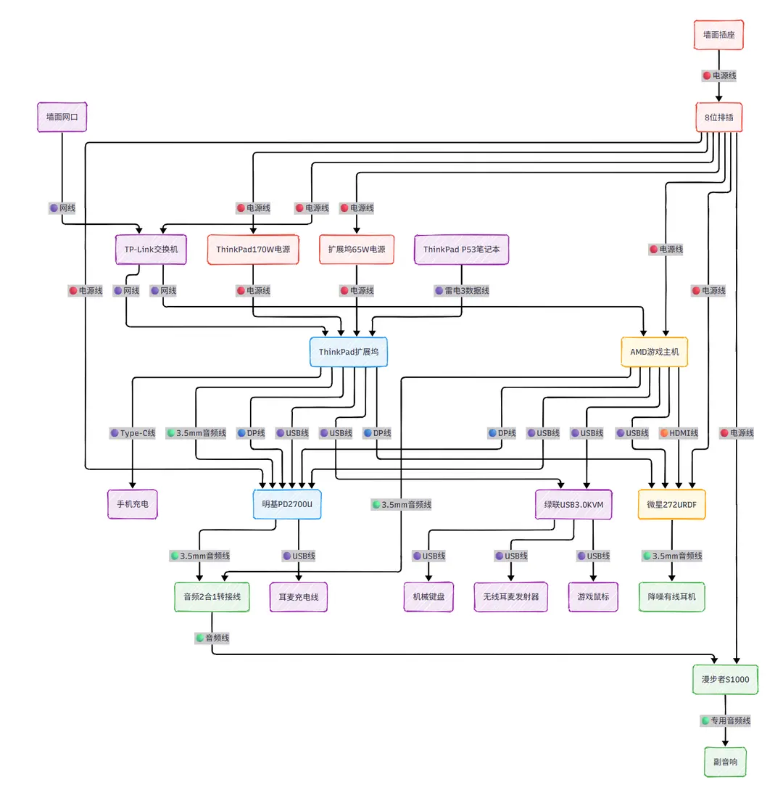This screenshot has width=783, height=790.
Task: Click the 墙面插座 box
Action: (x=719, y=34)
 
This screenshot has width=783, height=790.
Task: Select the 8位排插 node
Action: (x=719, y=117)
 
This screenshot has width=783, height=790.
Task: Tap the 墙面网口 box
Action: (x=62, y=117)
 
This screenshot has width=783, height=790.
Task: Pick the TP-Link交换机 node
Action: (x=151, y=249)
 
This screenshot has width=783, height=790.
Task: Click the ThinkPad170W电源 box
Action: (x=253, y=249)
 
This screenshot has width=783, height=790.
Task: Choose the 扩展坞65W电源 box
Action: (x=357, y=249)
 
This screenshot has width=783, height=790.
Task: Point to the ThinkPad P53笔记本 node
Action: (x=462, y=249)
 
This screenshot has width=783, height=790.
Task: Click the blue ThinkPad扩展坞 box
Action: (x=348, y=353)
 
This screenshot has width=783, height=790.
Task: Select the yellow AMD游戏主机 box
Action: (x=655, y=353)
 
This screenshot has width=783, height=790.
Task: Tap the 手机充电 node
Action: (x=133, y=503)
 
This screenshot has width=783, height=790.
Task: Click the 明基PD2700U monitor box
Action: (x=287, y=503)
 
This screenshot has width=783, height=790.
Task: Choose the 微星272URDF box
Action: (x=672, y=503)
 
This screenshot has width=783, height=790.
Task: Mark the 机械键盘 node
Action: (x=428, y=597)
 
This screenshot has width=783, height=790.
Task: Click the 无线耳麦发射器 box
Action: (x=510, y=597)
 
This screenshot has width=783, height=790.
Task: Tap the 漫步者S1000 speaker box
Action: (x=726, y=680)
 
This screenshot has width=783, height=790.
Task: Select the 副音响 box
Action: (x=726, y=762)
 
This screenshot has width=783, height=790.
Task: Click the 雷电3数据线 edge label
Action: (x=462, y=290)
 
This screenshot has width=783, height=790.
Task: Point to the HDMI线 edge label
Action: (x=679, y=433)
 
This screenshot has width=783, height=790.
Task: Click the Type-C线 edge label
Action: (x=133, y=433)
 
